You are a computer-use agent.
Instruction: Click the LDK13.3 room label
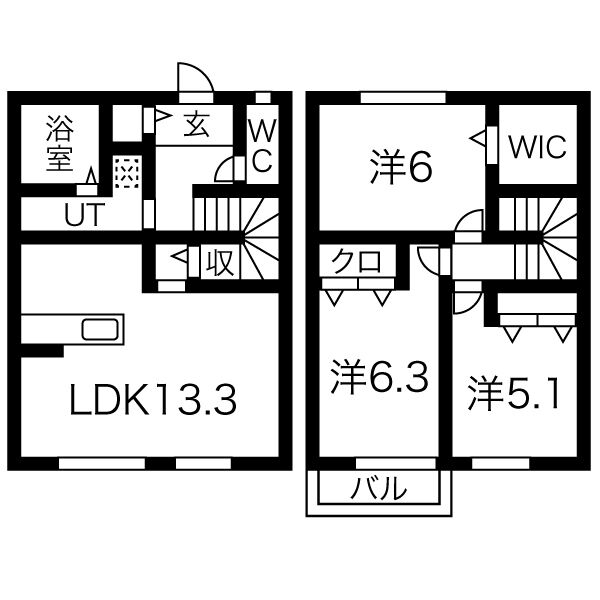(x=153, y=400)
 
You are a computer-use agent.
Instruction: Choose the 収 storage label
(x=219, y=262)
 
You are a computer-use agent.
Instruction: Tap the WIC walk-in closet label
(x=536, y=147)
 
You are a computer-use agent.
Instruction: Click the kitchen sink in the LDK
(x=100, y=330)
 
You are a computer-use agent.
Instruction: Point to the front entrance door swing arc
(x=192, y=78)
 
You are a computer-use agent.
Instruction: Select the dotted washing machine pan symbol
(x=127, y=176)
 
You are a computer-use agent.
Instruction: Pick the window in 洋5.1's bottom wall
(x=500, y=463)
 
